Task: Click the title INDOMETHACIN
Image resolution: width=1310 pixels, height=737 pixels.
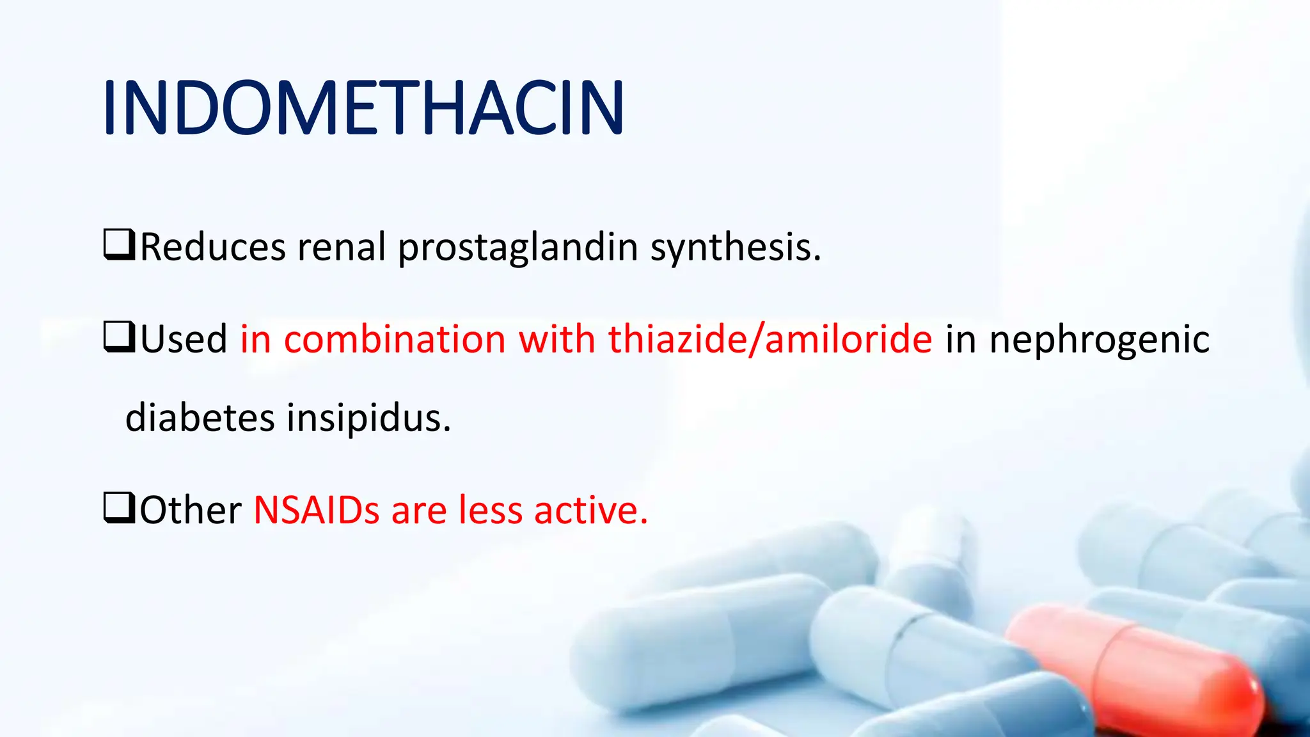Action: click(363, 107)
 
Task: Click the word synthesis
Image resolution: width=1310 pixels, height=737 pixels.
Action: click(736, 248)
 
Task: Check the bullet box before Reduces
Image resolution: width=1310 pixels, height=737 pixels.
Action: click(119, 245)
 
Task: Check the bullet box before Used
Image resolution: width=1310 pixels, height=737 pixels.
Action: click(119, 337)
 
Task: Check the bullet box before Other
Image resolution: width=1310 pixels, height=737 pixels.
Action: click(119, 508)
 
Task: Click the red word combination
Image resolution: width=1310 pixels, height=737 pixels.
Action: click(395, 339)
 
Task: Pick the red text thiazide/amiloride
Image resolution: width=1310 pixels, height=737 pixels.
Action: click(770, 339)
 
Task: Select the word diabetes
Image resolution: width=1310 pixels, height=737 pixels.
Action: click(200, 418)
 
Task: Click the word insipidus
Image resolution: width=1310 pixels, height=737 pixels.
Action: click(368, 419)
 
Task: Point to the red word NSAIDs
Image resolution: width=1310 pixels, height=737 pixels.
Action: click(317, 511)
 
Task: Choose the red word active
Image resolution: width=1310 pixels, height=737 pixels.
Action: click(591, 511)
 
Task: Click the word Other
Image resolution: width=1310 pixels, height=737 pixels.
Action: click(191, 511)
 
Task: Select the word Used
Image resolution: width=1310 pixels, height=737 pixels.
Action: click(184, 339)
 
